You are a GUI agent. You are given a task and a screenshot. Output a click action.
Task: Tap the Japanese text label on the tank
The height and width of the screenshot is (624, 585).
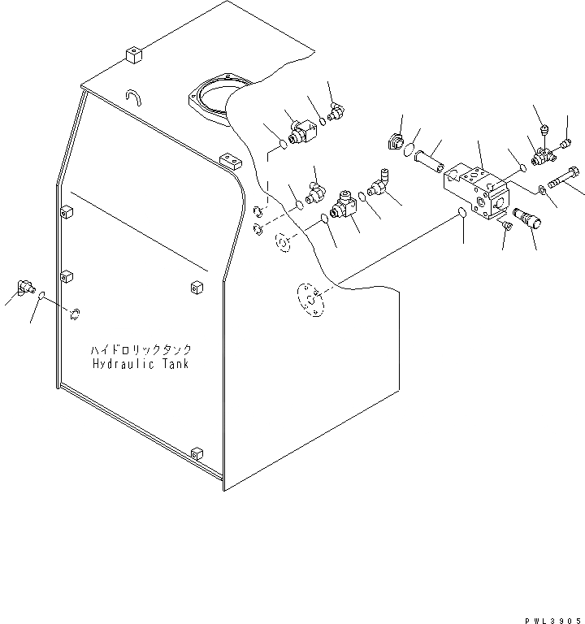[x=141, y=349]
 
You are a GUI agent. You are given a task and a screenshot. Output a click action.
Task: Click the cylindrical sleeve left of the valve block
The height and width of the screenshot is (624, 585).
[x=428, y=162]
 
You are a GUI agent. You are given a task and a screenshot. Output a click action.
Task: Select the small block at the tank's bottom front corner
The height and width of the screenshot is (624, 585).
[x=196, y=453]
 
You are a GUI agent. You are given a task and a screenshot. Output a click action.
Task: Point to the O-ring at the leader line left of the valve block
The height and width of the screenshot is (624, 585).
[x=460, y=214]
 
